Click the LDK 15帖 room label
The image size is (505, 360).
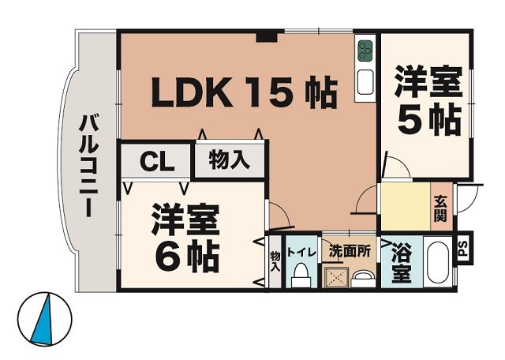click(244, 93)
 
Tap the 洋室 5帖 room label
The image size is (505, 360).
click(428, 100)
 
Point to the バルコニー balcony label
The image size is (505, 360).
click(88, 166)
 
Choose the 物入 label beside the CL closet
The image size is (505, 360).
click(229, 160)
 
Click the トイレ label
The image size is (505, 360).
click(301, 253)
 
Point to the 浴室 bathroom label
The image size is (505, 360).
click(402, 264)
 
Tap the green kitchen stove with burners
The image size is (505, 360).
click(365, 51)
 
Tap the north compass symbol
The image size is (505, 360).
click(45, 318)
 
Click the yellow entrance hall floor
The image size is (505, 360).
click(404, 207)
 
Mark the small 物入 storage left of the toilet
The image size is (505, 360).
click(275, 261)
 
